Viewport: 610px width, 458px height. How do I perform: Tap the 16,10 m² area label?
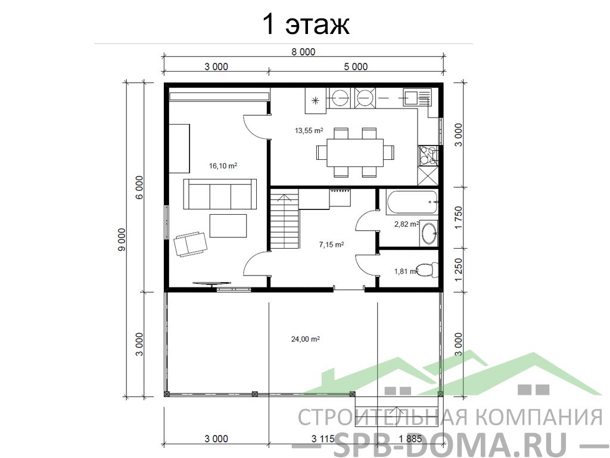(223, 166)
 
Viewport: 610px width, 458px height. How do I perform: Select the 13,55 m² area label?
(309, 131)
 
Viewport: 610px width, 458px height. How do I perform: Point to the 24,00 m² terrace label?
(306, 339)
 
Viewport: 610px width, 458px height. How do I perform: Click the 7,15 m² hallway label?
(331, 245)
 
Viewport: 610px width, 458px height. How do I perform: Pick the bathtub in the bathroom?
(412, 202)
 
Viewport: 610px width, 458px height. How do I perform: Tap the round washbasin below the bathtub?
(430, 233)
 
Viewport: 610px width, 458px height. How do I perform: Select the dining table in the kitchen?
(355, 152)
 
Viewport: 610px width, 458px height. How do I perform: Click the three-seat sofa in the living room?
(220, 194)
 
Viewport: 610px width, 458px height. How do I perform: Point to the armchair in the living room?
(190, 244)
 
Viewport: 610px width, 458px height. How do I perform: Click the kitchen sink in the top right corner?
(418, 97)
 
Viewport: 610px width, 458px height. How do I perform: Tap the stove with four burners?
(428, 156)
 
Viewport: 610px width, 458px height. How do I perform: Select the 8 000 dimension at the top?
(303, 52)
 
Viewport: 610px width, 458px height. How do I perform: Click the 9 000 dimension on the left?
(122, 239)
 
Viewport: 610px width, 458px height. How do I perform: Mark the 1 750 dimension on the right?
(459, 217)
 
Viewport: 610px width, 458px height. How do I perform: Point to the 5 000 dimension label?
(356, 67)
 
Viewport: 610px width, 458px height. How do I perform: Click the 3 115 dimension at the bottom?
(323, 439)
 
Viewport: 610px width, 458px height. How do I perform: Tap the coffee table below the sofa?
(228, 225)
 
